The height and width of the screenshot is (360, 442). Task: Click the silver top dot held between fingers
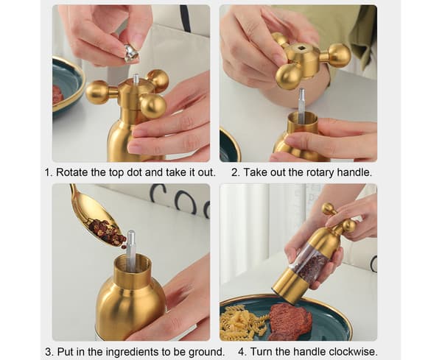coord(131,53)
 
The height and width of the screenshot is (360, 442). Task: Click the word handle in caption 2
coord(354,172)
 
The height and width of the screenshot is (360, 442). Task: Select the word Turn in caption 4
coord(262,352)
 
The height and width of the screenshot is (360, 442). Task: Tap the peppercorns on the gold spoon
coord(108,233)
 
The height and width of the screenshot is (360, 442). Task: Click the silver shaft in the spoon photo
coord(130,251)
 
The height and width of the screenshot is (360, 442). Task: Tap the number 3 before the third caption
coord(49,352)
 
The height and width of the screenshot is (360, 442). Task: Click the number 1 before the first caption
coord(49,172)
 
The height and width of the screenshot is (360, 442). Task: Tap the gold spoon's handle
coord(75,197)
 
